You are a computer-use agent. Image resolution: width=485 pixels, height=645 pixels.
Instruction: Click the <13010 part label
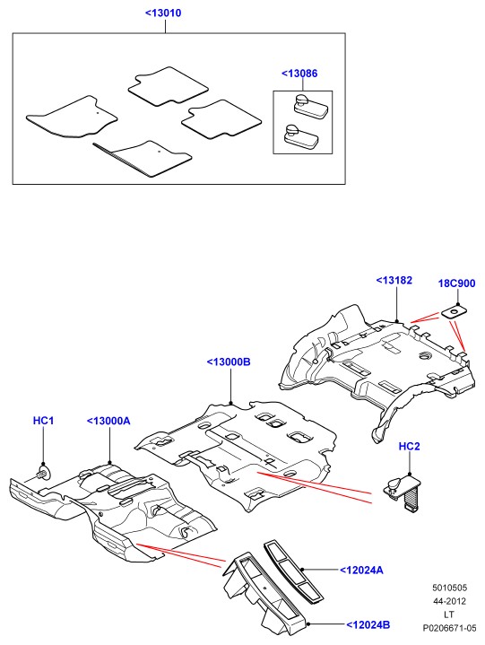click(x=163, y=13)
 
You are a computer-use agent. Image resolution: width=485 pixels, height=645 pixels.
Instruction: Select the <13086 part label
click(x=299, y=74)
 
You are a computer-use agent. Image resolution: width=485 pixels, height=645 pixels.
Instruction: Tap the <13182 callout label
click(x=394, y=281)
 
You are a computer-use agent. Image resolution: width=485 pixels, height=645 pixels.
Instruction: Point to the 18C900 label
click(x=456, y=283)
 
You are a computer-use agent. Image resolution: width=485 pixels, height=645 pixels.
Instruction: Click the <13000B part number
click(x=229, y=362)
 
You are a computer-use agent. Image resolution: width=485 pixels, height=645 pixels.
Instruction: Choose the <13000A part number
click(x=108, y=421)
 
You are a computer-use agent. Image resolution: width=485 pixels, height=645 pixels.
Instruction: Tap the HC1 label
click(x=43, y=421)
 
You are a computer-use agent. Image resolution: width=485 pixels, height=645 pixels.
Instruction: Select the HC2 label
click(x=410, y=447)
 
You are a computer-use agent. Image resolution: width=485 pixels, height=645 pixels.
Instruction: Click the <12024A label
click(x=361, y=571)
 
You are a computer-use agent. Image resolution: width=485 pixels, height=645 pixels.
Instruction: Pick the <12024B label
click(x=368, y=625)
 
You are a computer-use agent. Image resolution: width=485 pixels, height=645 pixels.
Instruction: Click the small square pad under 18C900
click(x=455, y=312)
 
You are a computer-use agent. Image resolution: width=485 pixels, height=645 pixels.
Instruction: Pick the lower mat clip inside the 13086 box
click(x=301, y=137)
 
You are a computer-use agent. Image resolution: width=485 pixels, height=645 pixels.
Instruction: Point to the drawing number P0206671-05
click(x=450, y=628)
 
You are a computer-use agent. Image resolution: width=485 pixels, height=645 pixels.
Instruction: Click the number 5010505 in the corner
click(x=449, y=588)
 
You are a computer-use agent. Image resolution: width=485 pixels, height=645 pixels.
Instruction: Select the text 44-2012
click(x=449, y=601)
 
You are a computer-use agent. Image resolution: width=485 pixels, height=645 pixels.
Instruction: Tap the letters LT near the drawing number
click(x=449, y=614)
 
